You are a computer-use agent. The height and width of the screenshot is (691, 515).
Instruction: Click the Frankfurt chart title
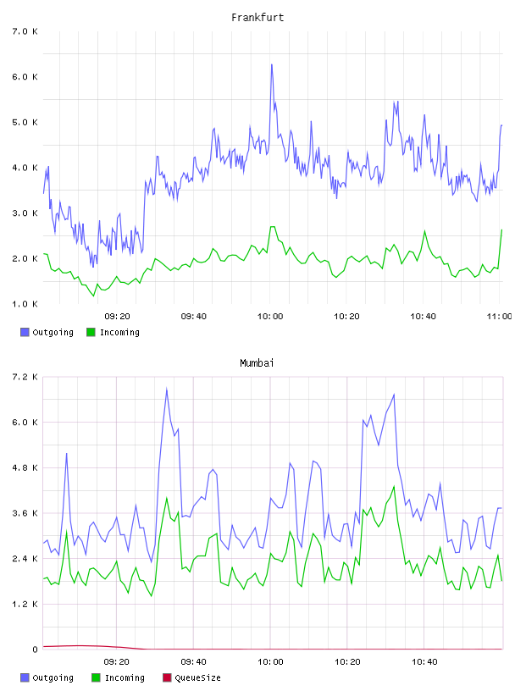point(257,17)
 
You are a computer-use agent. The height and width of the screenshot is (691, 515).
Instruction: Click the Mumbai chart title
point(257,362)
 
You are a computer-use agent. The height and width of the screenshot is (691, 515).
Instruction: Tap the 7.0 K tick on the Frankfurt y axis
point(25,31)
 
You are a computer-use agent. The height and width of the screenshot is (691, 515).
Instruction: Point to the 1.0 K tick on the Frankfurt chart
point(25,304)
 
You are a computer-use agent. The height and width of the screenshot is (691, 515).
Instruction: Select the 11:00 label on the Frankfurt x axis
point(499,316)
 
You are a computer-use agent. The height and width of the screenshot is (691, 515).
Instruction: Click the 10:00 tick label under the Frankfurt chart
point(270,316)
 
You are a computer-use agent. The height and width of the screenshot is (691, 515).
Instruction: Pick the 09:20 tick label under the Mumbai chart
point(116,661)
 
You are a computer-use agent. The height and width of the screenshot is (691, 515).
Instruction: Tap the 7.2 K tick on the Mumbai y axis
point(25,377)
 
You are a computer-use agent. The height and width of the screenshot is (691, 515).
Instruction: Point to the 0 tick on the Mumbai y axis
point(35,650)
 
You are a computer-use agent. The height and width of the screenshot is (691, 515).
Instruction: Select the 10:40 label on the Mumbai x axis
point(424,661)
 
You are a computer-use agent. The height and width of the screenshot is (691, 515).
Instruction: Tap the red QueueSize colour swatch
point(167,677)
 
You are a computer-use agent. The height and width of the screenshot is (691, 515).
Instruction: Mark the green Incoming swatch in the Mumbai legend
point(96,677)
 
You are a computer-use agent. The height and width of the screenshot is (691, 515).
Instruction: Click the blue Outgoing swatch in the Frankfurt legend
point(25,332)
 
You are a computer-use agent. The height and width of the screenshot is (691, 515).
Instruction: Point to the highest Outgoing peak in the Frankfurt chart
point(272,64)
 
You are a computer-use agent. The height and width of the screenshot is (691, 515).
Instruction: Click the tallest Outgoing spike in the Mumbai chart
point(167,388)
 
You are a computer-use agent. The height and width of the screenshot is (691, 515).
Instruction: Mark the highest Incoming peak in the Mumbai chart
point(394,487)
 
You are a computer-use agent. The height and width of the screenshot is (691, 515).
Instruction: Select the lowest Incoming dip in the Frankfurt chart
point(93,296)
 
